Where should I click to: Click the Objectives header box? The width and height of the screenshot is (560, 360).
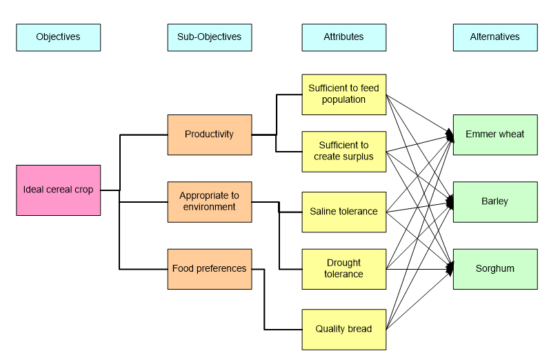(x=58, y=37)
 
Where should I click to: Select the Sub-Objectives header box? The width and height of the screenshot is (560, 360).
(x=209, y=37)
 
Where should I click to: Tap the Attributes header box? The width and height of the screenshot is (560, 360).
(x=343, y=37)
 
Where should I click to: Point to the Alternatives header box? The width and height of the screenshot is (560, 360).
(x=494, y=37)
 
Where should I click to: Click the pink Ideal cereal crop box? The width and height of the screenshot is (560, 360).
(x=58, y=190)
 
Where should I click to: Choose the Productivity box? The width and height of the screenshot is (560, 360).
(x=209, y=134)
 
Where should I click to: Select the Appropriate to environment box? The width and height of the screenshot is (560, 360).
(x=209, y=201)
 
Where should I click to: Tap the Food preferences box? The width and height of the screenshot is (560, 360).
(x=209, y=269)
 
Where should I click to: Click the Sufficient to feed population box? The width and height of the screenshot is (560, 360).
(x=343, y=94)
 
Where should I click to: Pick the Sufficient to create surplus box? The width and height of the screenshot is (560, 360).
(x=343, y=151)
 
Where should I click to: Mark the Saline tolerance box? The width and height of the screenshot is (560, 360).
(x=343, y=212)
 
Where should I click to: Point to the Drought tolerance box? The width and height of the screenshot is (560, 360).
(x=343, y=269)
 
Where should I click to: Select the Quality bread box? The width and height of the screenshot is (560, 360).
(x=343, y=329)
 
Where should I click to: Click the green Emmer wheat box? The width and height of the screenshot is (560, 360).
(x=494, y=134)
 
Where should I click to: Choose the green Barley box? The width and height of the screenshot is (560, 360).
(x=494, y=201)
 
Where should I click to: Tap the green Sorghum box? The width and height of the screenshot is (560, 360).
(x=494, y=269)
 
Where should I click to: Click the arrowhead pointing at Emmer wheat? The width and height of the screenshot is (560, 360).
(x=450, y=136)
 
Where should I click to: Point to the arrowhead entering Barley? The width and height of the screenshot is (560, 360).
(x=450, y=202)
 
